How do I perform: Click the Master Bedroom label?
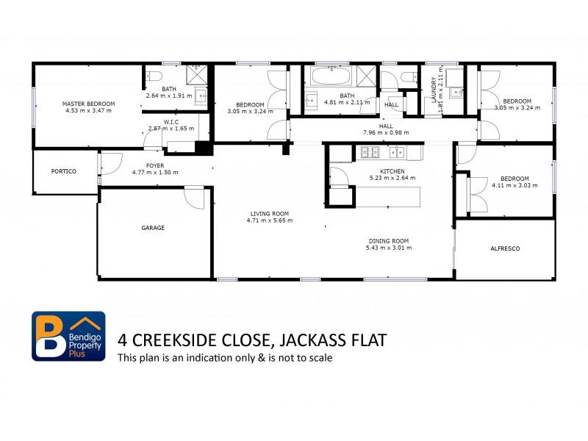pyautogui.click(x=88, y=104)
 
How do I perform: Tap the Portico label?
pyautogui.click(x=64, y=171)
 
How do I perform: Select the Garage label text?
pyautogui.click(x=153, y=228)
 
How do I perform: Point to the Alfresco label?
pyautogui.click(x=505, y=248)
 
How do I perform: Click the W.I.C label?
pyautogui.click(x=171, y=121)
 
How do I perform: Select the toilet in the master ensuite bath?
pyautogui.click(x=154, y=77)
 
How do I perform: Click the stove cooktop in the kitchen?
pyautogui.click(x=369, y=152)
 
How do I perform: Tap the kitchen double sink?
pyautogui.click(x=396, y=152)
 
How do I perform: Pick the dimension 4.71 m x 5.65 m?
pyautogui.click(x=269, y=220)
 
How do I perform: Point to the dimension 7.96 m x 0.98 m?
pyautogui.click(x=386, y=133)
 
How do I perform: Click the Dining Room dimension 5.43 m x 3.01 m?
pyautogui.click(x=388, y=248)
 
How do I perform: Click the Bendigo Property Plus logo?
pyautogui.click(x=68, y=336)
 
